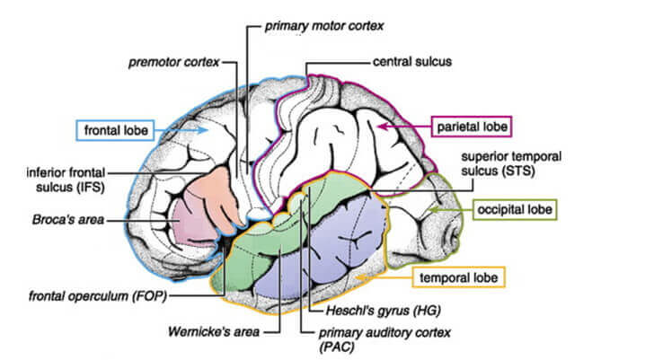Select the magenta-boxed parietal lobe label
472,126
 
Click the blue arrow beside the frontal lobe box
198,131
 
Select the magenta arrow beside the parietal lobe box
390,127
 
